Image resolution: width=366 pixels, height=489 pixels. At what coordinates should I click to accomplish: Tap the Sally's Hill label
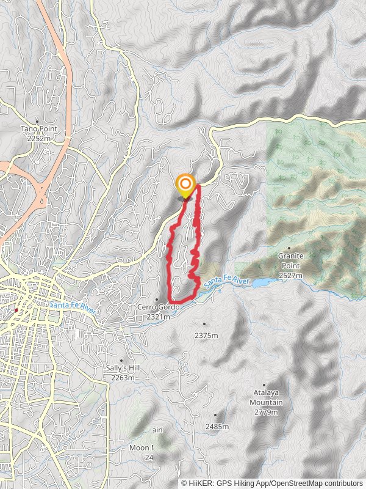click(121, 369)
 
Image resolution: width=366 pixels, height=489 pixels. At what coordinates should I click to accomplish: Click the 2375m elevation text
click(206, 335)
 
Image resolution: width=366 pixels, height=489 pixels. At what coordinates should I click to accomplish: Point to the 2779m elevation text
click(267, 413)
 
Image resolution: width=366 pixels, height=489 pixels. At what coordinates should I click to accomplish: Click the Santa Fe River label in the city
click(72, 305)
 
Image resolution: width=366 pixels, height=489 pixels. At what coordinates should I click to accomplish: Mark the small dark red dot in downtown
click(16, 311)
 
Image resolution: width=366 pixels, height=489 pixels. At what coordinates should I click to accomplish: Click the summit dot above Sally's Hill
click(121, 361)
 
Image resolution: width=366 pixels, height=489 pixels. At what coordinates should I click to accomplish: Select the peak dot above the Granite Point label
click(289, 248)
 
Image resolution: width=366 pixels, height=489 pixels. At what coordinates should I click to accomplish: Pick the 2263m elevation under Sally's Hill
click(122, 378)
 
